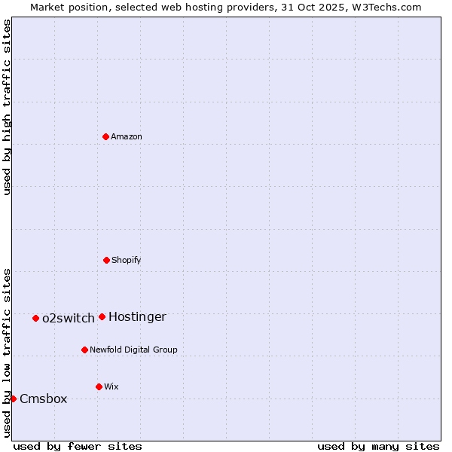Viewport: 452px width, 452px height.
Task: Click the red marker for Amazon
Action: [105, 136]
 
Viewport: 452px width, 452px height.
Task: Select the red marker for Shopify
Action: [106, 260]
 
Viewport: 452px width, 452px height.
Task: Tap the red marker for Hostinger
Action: [102, 316]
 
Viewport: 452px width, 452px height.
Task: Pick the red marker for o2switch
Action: [35, 318]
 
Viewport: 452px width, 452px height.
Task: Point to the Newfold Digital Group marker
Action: [84, 350]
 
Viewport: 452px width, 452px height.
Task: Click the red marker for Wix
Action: [99, 386]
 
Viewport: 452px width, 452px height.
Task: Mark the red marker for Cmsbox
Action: [13, 399]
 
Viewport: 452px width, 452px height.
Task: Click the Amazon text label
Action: [127, 136]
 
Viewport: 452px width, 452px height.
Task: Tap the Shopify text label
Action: [127, 260]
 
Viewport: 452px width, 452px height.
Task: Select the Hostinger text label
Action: [137, 317]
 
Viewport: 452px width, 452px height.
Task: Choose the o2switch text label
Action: [69, 319]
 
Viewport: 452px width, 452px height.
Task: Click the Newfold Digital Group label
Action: [133, 350]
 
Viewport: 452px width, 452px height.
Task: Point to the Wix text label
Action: [111, 386]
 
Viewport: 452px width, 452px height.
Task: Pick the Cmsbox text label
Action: [44, 399]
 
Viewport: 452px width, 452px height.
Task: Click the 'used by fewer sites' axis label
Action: [78, 446]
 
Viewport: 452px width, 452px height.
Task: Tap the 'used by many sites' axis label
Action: [378, 446]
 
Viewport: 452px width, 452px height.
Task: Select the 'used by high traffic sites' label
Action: [7, 107]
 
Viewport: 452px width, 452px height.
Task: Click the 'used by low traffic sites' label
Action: [7, 353]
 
